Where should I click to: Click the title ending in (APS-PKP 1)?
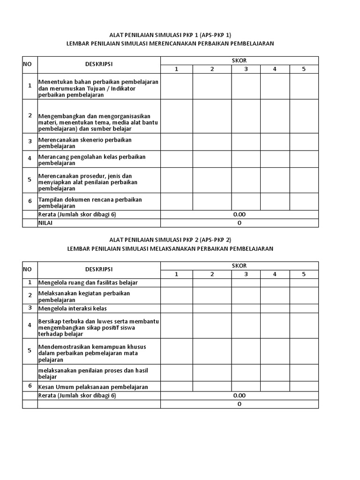click(170, 35)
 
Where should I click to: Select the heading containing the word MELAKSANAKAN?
click(170, 248)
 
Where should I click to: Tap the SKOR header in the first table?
click(239, 60)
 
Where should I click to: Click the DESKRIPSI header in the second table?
click(99, 270)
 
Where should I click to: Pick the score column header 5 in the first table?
click(304, 69)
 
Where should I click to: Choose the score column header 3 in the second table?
click(246, 274)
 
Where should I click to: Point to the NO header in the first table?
click(27, 65)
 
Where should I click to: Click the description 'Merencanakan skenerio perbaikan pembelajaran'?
click(85, 143)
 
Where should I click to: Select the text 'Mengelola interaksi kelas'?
click(73, 308)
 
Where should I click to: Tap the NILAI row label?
click(46, 223)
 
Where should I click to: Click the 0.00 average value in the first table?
click(239, 215)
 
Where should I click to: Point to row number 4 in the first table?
click(30, 158)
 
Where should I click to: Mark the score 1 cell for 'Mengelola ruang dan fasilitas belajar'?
click(177, 283)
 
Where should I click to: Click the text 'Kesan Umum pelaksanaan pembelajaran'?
click(93, 387)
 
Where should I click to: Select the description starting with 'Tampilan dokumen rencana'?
click(90, 202)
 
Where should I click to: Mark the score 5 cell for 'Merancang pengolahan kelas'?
click(304, 158)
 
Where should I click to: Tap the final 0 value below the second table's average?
click(239, 404)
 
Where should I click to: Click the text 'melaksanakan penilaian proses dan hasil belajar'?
click(93, 374)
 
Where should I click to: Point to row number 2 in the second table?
click(30, 295)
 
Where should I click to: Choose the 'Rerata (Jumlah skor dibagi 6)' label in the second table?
click(77, 396)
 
